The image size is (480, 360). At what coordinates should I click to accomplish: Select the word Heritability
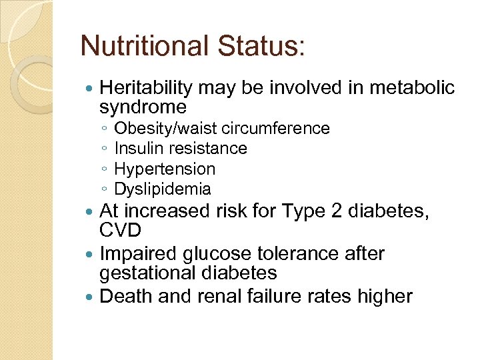click(145, 88)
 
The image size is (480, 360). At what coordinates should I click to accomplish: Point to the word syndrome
click(143, 107)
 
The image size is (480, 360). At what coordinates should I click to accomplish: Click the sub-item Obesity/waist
click(167, 128)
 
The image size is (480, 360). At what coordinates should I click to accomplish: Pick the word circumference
click(276, 128)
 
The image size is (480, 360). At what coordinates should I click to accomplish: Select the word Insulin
click(139, 148)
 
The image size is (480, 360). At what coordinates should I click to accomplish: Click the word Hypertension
click(165, 169)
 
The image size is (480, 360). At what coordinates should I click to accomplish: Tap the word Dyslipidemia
click(163, 189)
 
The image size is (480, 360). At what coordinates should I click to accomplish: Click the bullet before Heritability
click(91, 88)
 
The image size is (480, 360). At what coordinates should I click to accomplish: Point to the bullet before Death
click(91, 296)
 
